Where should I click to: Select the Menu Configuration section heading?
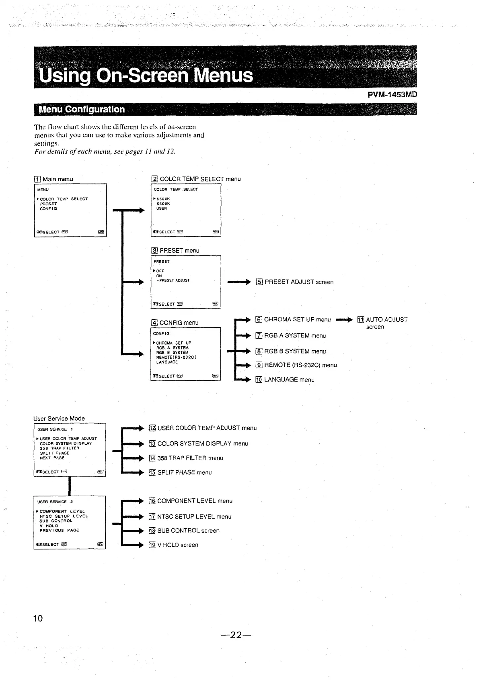point(81,109)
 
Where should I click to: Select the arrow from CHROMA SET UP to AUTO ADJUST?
point(344,320)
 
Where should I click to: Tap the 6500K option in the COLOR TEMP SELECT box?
point(163,199)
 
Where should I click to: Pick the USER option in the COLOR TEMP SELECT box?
point(162,208)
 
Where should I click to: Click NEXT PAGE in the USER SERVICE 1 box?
point(52,458)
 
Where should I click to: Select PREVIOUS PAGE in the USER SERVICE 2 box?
point(59,531)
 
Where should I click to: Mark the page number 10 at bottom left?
point(38,618)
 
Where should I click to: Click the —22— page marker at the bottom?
point(236,635)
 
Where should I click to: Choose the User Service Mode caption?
point(59,419)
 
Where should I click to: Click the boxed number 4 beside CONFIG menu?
point(154,323)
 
